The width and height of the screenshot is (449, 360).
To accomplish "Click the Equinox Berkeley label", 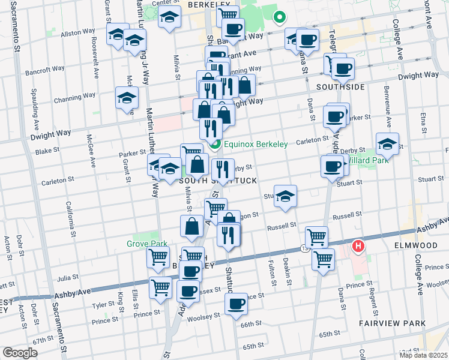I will (255, 145).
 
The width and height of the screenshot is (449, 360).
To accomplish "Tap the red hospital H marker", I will (358, 245).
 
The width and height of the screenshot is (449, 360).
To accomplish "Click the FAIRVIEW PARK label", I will (393, 323).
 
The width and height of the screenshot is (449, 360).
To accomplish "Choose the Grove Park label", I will (142, 244).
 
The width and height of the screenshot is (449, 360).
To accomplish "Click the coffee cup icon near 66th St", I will (236, 304).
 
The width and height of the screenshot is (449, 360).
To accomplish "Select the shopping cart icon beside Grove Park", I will (158, 257).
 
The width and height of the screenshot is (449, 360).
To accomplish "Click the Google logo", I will (20, 352).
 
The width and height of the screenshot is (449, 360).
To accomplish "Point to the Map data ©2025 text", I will (423, 355).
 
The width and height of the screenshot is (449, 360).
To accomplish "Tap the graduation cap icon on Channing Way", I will (127, 98).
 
